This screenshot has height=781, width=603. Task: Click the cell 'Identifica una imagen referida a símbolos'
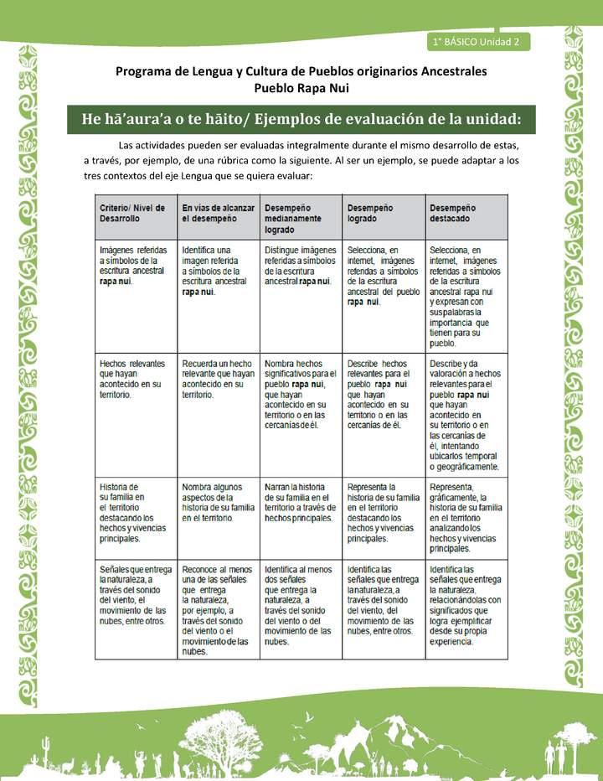click(x=215, y=271)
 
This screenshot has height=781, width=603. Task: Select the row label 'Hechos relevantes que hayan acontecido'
click(x=132, y=378)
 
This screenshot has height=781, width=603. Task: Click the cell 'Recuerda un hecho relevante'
click(x=217, y=378)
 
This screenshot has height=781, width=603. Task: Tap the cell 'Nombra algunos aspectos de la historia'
click(x=216, y=502)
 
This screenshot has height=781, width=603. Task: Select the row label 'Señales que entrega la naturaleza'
click(x=134, y=600)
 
